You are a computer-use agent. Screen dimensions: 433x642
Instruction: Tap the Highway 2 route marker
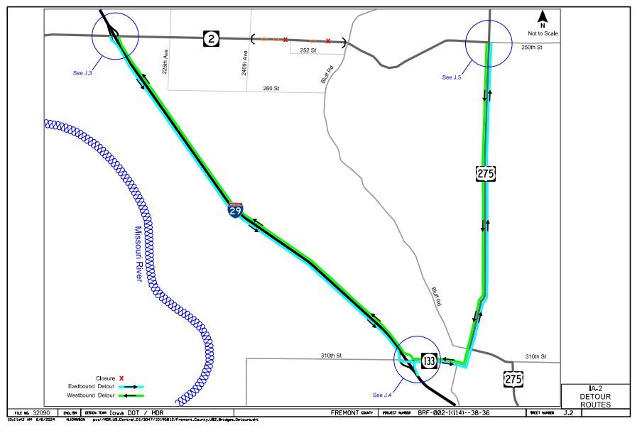211,38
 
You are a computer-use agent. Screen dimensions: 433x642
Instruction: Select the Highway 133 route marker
429,361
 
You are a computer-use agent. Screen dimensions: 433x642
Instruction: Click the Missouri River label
138,253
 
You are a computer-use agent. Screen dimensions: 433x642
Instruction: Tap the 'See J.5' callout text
452,77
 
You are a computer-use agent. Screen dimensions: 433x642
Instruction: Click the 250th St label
531,47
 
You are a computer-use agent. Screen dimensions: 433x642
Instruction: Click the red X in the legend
122,378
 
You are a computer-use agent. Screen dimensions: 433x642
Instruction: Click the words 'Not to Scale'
543,33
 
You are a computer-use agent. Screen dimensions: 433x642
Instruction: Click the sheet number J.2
567,412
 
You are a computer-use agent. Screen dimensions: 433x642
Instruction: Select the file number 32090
41,412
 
